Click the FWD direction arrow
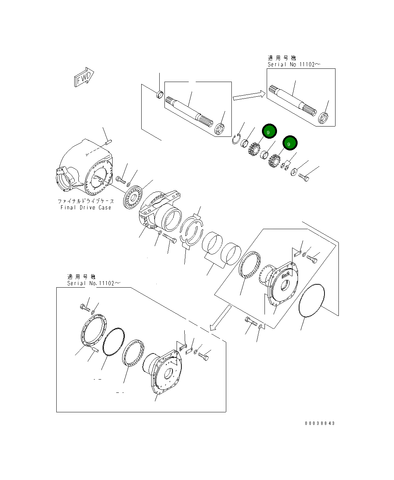[84, 77]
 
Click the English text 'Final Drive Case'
[86, 207]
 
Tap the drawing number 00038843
[320, 423]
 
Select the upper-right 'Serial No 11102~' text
[294, 64]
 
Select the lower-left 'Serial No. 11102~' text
[93, 283]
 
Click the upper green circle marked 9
[269, 131]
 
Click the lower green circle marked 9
[290, 143]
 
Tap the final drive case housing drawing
[85, 167]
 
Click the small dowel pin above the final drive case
[108, 141]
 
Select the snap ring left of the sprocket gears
[236, 139]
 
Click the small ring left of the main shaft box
[159, 95]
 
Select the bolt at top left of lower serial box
[85, 307]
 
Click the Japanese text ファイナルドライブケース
[86, 201]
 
